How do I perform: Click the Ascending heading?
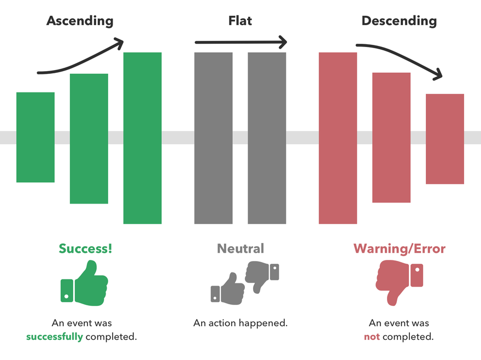(80, 21)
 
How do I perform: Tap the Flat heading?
(240, 21)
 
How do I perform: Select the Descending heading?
(399, 21)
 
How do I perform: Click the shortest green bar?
(36, 137)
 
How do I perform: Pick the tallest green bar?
(142, 138)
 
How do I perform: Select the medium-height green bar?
(89, 138)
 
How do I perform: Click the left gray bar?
(213, 138)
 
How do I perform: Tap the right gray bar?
(267, 138)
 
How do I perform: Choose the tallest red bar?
(338, 138)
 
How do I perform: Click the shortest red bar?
(445, 139)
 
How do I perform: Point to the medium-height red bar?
(391, 137)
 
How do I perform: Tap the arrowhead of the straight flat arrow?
(282, 42)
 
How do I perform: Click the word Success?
(85, 248)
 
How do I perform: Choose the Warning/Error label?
(400, 249)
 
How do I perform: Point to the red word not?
(372, 336)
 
